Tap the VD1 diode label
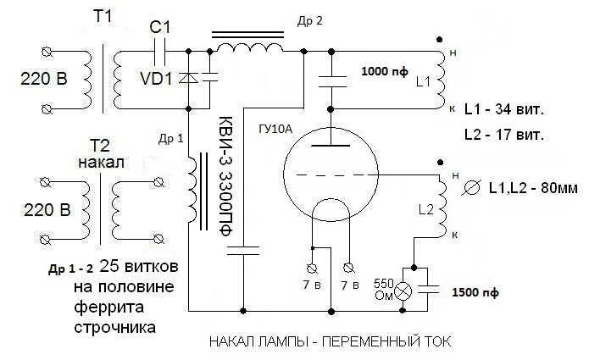click(154, 79)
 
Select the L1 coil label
click(424, 82)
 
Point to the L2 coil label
click(426, 208)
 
